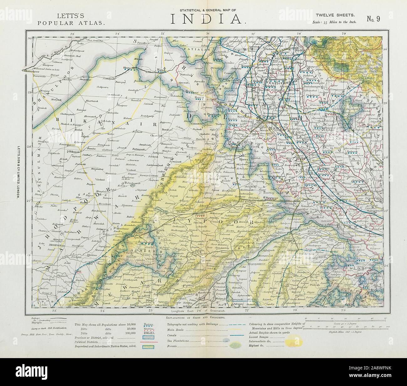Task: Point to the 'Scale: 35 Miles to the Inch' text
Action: click(334, 22)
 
